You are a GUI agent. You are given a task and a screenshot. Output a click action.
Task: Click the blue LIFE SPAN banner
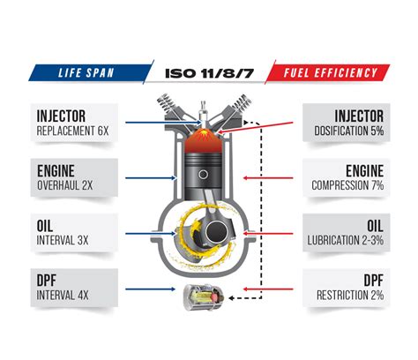point(92,72)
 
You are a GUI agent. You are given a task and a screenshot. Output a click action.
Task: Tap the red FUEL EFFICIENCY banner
point(328,72)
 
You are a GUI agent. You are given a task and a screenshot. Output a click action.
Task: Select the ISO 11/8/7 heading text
point(209,73)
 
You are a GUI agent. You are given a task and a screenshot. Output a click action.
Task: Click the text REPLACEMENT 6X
point(72,131)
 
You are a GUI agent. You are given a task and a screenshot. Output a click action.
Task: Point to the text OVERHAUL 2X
point(65,185)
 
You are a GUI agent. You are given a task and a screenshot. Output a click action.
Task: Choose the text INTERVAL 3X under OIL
point(63,240)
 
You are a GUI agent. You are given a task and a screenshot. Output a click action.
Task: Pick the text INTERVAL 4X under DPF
point(63,295)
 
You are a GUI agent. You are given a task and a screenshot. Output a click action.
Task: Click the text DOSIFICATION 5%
point(349,131)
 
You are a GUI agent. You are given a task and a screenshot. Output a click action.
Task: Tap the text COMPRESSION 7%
point(347,185)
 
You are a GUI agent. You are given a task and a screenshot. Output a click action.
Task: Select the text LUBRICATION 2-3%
point(346,240)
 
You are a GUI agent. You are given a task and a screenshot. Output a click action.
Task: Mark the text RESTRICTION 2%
point(350,295)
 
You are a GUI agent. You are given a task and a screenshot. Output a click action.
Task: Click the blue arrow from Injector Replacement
point(163,123)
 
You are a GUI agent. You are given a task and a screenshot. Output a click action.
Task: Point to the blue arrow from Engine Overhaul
point(150,178)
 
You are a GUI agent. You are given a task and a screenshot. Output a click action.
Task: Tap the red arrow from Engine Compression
point(268,178)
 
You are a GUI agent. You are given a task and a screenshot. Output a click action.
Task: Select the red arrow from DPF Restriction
point(268,289)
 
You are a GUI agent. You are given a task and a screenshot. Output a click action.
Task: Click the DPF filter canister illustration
point(205,297)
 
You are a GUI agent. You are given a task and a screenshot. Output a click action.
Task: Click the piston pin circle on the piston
point(203,175)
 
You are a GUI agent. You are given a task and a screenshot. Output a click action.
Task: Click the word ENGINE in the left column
point(56,171)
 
